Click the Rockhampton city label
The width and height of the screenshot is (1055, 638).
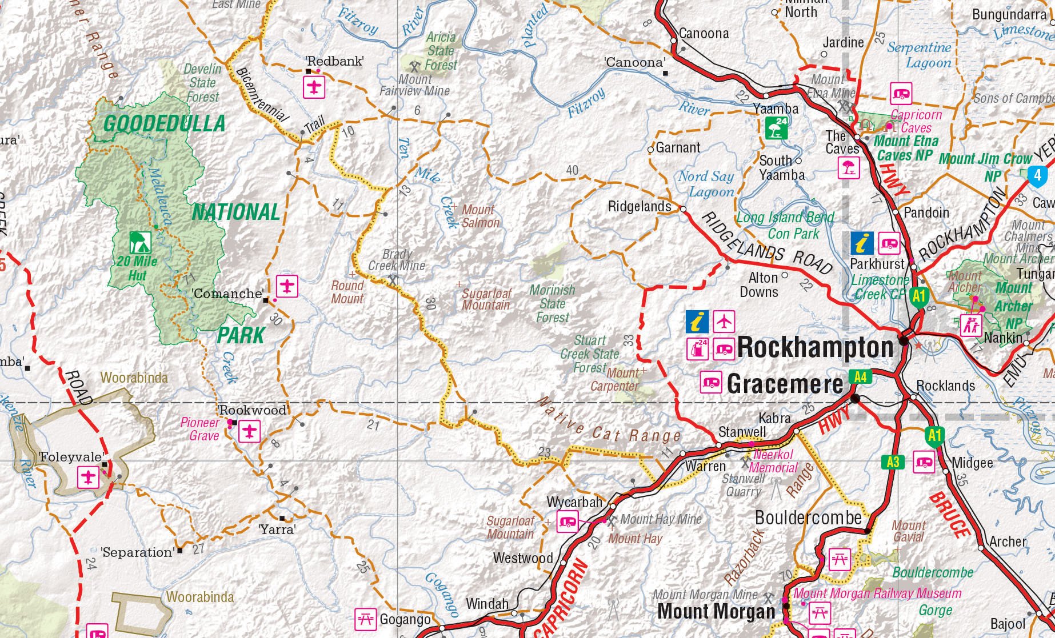(815, 347)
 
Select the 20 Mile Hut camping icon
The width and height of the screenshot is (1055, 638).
(137, 242)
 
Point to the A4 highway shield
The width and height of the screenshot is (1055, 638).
(860, 376)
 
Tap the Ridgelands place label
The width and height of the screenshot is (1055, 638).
(639, 206)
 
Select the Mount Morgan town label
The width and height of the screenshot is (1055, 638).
(716, 611)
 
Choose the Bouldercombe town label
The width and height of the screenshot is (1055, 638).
(808, 517)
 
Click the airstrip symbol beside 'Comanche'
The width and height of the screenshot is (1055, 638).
(287, 285)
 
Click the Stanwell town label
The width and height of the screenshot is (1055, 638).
(742, 432)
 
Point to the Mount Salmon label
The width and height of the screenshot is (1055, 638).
(481, 216)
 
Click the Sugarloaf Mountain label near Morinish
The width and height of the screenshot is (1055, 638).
(486, 299)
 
